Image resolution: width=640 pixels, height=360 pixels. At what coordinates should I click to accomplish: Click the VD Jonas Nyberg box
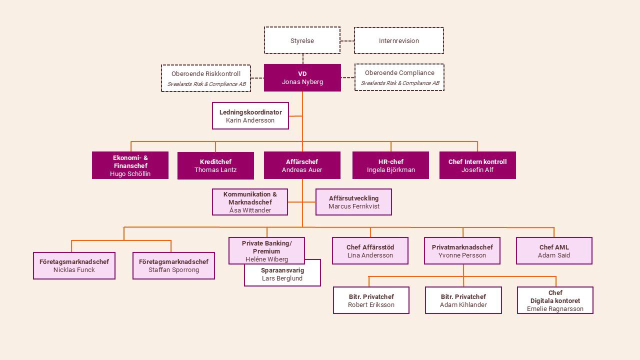click(302, 77)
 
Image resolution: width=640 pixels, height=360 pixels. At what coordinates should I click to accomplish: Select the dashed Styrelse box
click(302, 40)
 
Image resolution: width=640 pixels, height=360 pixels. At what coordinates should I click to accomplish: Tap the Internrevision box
click(398, 40)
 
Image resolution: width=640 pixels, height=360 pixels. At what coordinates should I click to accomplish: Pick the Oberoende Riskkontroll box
click(205, 78)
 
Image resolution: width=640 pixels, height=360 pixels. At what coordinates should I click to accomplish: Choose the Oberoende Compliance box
click(399, 77)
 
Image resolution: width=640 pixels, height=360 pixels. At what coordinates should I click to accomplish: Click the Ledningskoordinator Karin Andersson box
click(250, 116)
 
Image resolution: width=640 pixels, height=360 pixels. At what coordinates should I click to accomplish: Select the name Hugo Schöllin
click(130, 174)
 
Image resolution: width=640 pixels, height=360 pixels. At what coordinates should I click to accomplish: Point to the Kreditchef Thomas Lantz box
click(215, 165)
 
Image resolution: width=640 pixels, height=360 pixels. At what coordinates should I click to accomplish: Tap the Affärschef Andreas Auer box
click(302, 165)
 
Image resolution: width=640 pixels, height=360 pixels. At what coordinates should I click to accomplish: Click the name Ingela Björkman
click(390, 170)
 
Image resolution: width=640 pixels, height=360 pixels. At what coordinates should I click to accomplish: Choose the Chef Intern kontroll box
click(477, 165)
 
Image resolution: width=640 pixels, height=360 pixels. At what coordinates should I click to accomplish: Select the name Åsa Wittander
click(250, 210)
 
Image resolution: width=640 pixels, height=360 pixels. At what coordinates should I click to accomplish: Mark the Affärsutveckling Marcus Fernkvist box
click(353, 202)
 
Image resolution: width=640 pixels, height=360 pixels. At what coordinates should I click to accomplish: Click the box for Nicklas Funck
click(74, 265)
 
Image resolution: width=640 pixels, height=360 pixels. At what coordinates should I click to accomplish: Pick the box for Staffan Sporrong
click(173, 265)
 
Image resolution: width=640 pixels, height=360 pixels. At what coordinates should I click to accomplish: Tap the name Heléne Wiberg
click(266, 259)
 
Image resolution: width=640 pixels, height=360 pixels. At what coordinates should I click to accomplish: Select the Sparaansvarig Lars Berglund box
click(282, 276)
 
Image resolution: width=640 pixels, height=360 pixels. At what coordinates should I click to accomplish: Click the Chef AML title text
click(554, 247)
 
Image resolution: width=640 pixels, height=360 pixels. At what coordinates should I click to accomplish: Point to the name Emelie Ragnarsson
click(555, 309)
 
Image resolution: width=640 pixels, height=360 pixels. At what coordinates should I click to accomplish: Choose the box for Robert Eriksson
click(371, 300)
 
